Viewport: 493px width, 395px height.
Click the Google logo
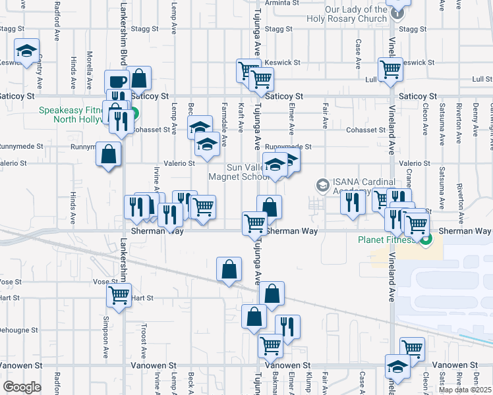(x=22, y=386)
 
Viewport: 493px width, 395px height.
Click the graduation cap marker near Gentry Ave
(x=26, y=51)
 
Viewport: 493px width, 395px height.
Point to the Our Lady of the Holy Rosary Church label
(x=356, y=14)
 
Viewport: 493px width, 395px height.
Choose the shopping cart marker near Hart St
(x=119, y=296)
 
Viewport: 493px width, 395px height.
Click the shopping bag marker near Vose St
(x=229, y=270)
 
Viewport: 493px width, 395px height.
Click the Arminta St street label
(x=278, y=3)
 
